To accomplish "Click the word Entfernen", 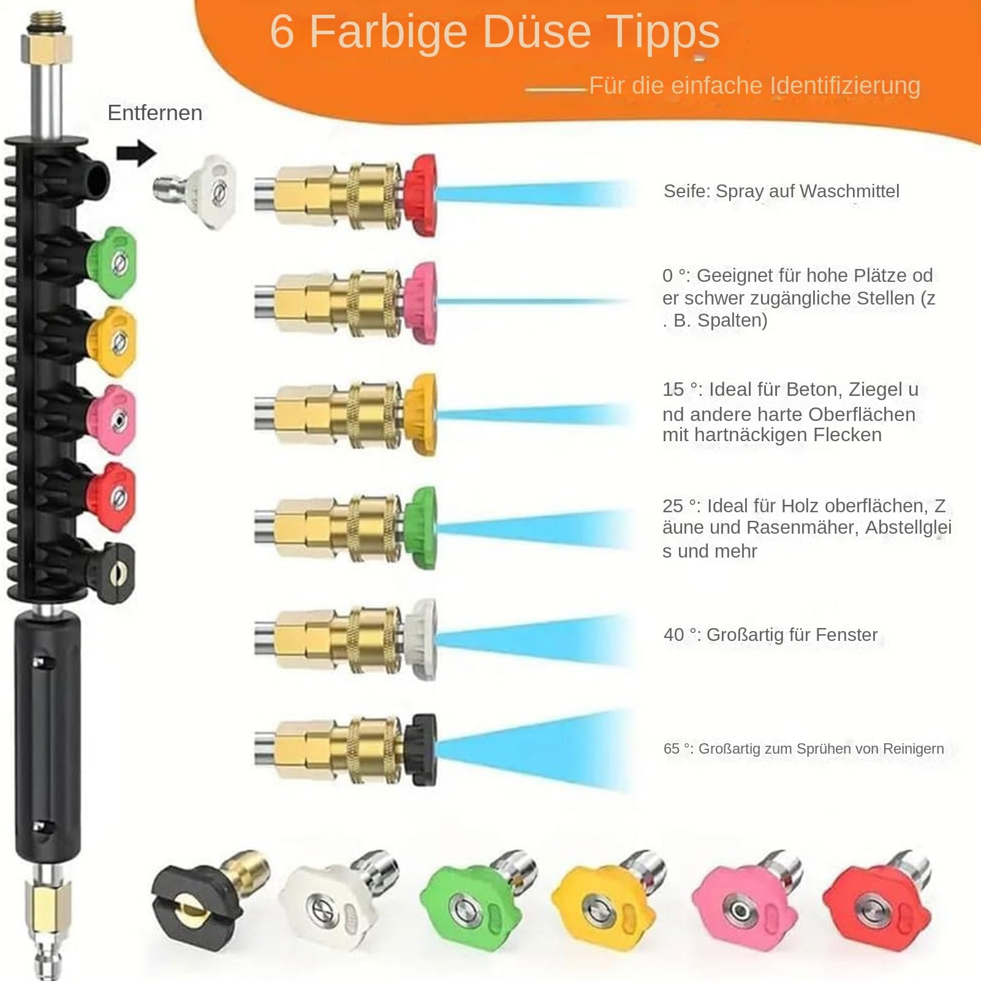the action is pos(155,113).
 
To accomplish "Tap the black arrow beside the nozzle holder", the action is pos(137,153).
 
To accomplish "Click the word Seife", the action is pos(686,191).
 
